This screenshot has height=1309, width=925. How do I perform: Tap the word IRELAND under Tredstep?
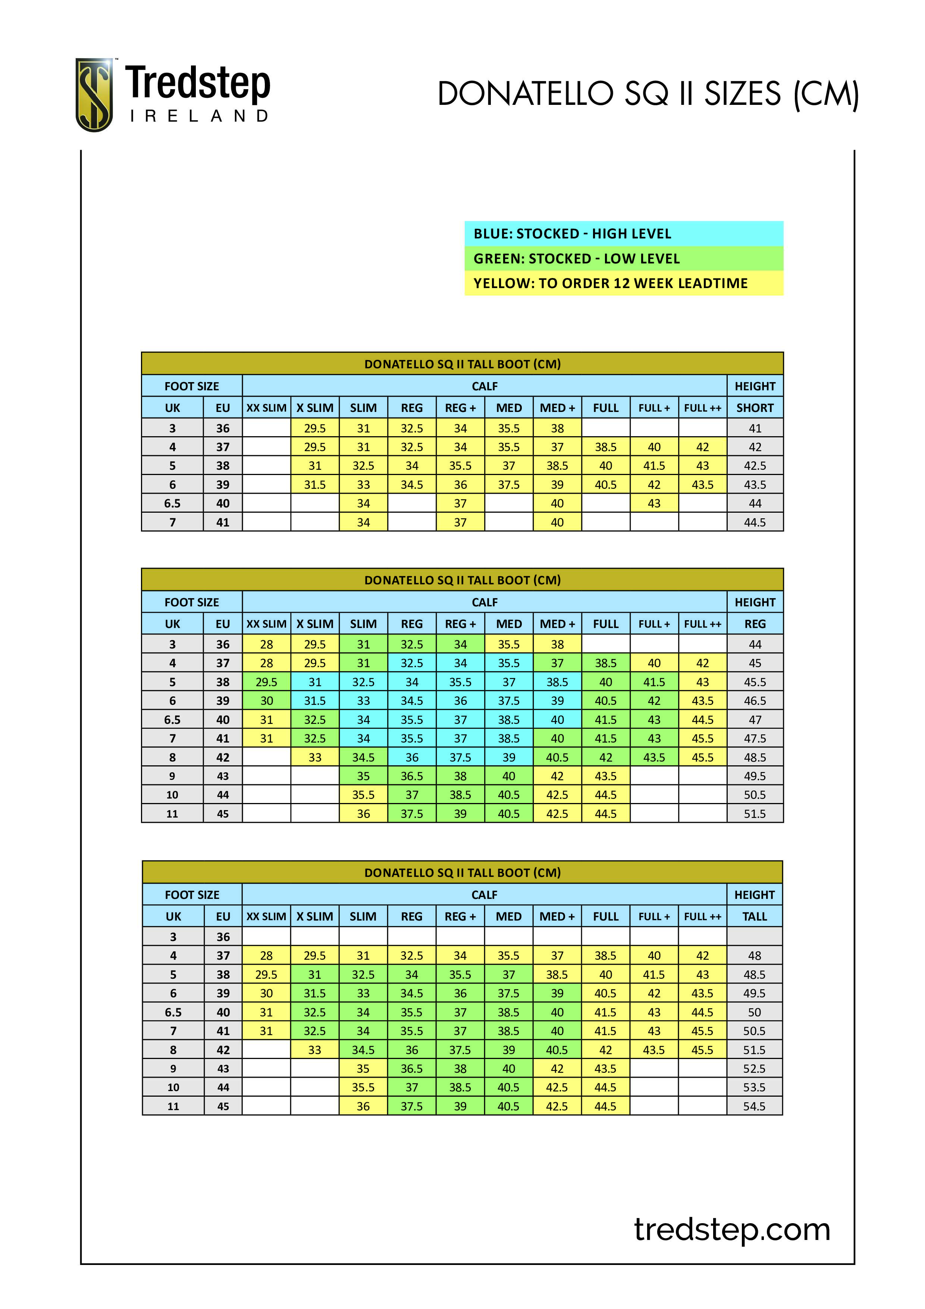(199, 116)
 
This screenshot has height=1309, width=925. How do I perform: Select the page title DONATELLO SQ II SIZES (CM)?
(647, 94)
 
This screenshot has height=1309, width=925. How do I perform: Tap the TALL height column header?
(754, 917)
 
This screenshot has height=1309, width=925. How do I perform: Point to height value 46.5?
(755, 701)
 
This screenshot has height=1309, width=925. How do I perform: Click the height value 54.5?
(754, 1106)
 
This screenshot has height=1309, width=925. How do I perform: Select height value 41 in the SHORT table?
(755, 428)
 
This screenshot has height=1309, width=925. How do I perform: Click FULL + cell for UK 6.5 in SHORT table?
(654, 503)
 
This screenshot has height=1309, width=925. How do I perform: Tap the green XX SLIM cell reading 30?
(266, 701)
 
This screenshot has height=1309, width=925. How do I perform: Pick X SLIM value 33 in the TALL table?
(314, 1050)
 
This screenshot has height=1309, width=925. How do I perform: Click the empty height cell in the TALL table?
(754, 937)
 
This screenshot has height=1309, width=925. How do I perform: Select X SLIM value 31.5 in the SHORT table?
(314, 485)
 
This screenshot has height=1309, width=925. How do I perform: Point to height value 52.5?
(754, 1068)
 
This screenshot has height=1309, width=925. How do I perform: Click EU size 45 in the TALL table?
(223, 1106)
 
